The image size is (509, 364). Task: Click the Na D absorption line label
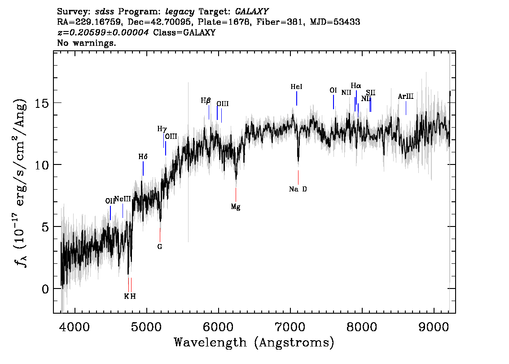298,189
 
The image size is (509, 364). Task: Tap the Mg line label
236,207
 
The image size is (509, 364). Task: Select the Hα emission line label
356,85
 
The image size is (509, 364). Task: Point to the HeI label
296,86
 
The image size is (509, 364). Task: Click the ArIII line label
406,97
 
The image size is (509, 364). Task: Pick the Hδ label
143,157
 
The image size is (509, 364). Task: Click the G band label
159,246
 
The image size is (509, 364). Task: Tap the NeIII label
123,199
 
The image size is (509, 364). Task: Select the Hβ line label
206,101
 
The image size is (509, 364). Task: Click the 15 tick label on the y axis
42,102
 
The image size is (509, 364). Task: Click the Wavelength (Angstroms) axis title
254,342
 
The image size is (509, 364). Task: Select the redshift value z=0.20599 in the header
103,33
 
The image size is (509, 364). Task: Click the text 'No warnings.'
87,43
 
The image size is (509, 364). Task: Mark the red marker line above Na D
298,177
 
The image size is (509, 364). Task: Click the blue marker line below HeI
296,98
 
